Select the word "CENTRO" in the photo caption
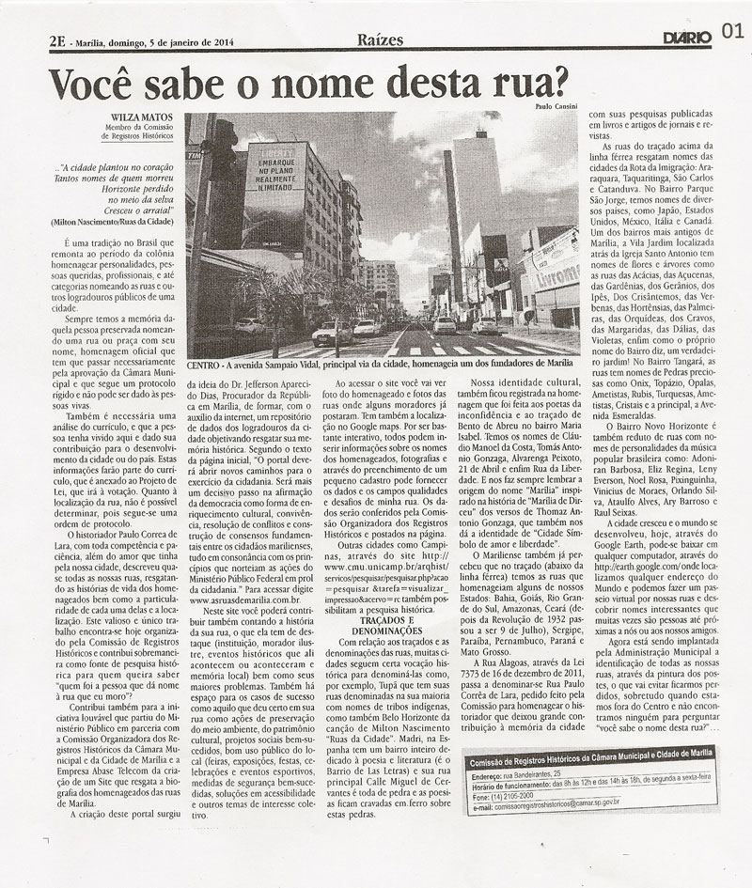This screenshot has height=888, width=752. [x=205, y=363]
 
